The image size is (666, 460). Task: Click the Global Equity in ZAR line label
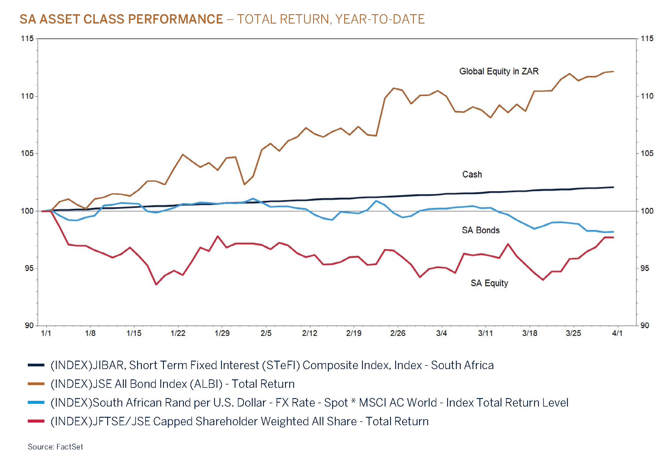coord(499,71)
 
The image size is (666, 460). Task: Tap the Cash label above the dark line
coord(472,174)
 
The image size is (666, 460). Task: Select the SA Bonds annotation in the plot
coord(481,230)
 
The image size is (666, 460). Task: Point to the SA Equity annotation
coord(489,283)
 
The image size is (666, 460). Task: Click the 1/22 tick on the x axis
coord(178,333)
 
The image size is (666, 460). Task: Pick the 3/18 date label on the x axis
coord(530,333)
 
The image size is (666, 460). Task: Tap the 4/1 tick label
coord(617,333)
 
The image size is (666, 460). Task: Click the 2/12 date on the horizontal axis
coord(309,333)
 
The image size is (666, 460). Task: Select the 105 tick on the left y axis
coord(27,153)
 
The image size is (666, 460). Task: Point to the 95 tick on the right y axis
coord(645,268)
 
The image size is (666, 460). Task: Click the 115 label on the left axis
coord(27,38)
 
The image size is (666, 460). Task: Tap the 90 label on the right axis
coord(645,325)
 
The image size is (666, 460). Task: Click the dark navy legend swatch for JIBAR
coord(36,365)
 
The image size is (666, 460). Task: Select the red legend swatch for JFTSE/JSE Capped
coord(36,421)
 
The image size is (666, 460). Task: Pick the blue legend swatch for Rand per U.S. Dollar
coord(36,402)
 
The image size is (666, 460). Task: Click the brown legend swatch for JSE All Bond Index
coord(36,384)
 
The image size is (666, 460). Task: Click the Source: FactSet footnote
coord(55,447)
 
